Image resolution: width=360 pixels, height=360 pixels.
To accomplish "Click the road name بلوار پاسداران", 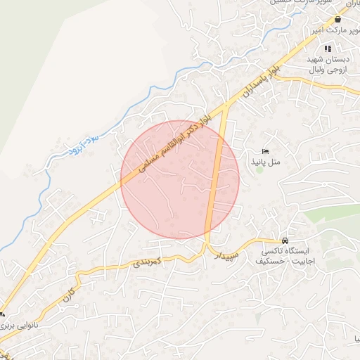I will pyautogui.click(x=254, y=83).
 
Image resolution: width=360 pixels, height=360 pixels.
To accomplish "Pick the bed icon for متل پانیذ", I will pyautogui.click(x=265, y=152).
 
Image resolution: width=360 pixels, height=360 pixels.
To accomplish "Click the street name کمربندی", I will pyautogui.click(x=148, y=262).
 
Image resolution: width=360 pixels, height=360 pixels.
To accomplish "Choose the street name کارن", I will pyautogui.click(x=67, y=295).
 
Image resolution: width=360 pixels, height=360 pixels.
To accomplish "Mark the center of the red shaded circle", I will pyautogui.click(x=180, y=179).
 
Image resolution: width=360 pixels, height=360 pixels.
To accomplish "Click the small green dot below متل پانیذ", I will pyautogui.click(x=259, y=169).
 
